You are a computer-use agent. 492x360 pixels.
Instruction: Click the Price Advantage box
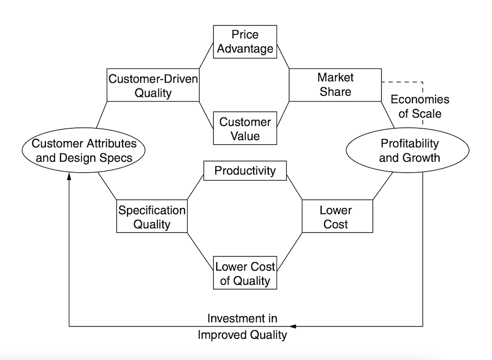coord(245,42)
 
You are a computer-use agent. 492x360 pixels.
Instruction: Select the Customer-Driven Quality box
coord(153,85)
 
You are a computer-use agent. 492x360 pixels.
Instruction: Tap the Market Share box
coord(335,85)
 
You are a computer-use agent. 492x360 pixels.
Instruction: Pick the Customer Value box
coord(245,128)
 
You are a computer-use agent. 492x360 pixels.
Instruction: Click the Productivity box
coord(245,171)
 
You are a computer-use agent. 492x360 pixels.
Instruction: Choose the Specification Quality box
coord(152,216)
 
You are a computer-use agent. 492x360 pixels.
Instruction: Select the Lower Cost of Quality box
coord(245,273)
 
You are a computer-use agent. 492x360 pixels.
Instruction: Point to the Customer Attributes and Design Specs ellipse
coord(84,150)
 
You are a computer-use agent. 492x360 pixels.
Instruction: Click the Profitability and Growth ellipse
coord(408,150)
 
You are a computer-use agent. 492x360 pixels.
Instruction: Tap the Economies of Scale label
coord(420,106)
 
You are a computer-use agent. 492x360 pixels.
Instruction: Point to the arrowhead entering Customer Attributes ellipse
coord(69,176)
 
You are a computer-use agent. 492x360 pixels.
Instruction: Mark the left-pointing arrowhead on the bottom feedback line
coord(292,326)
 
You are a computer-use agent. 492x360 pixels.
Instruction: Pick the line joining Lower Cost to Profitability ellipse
coord(383,186)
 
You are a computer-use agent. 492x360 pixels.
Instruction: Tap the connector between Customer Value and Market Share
coord(283,114)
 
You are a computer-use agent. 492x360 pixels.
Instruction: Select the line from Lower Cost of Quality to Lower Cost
coord(290,252)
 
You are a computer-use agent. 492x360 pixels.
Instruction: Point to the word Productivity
coord(245,171)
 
